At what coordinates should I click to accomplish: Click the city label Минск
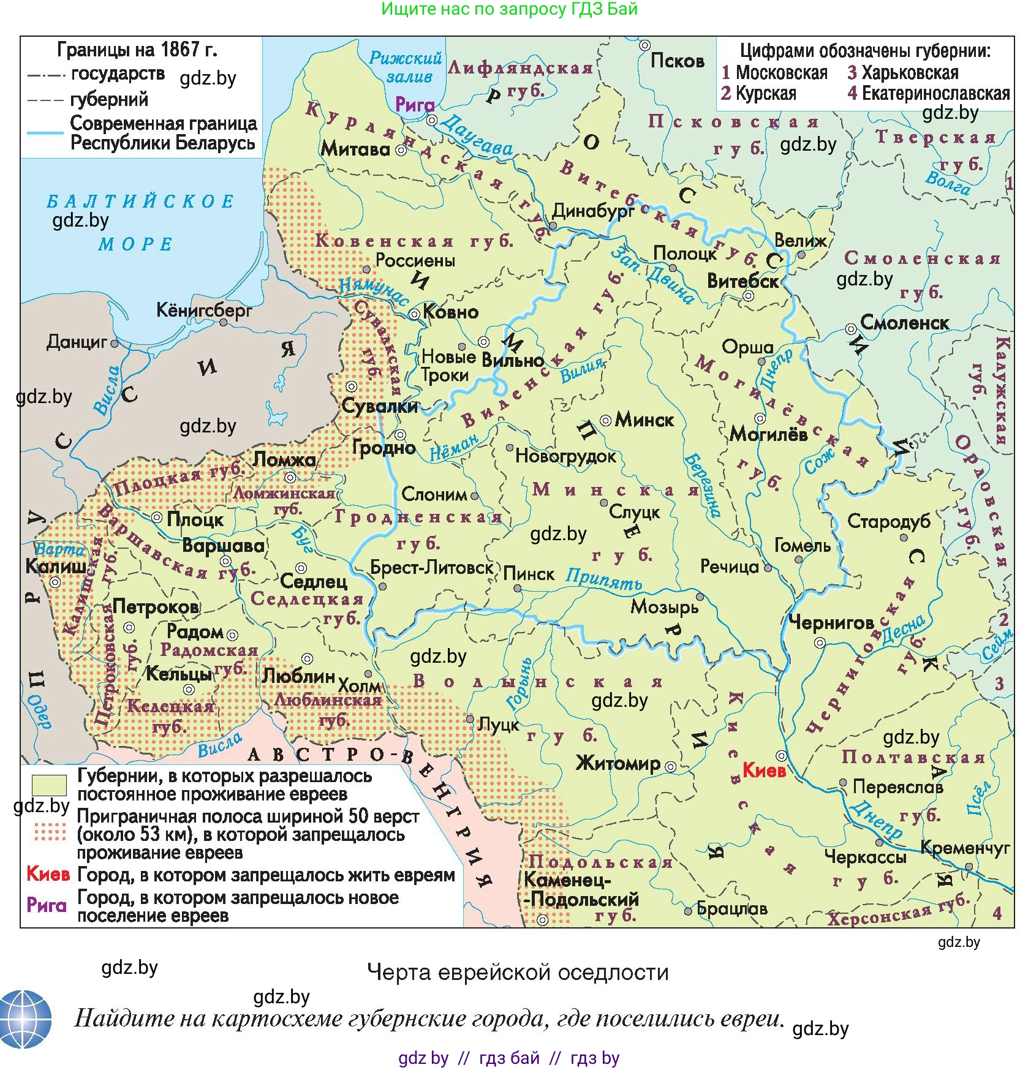pos(644,420)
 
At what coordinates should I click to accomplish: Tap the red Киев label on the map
pos(763,770)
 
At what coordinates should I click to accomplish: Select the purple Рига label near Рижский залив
pos(415,104)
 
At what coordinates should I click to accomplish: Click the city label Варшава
pos(223,545)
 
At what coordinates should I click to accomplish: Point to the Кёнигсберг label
pos(203,310)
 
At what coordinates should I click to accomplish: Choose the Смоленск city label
pos(904,322)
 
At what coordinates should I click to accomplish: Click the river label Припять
pos(603,578)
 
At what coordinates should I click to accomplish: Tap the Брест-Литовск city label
pos(431,567)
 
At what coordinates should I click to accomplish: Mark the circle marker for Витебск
pos(748,296)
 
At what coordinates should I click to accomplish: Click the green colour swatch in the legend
pos(49,785)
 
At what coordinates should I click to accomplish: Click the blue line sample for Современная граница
pos(45,132)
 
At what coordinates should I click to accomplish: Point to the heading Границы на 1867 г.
pos(137,49)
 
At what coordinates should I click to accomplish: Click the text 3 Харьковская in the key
pos(902,73)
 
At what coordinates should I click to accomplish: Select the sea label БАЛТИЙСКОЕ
pos(140,202)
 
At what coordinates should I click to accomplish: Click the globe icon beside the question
pos(25,1019)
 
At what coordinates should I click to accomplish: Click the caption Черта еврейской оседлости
pos(518,972)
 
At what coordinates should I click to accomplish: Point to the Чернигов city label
pos(831,622)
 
